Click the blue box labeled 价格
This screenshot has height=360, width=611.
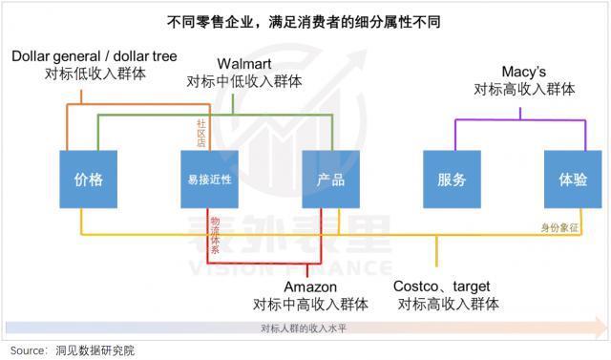point(88,179)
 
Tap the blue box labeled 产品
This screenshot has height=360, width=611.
point(329,179)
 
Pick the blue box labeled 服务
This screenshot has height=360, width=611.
point(452,179)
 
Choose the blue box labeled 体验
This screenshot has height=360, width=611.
point(573,179)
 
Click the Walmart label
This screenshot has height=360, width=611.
point(244,64)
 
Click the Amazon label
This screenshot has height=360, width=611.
point(310,286)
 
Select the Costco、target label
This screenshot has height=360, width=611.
point(442,286)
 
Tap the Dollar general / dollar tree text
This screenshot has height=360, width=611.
point(94,55)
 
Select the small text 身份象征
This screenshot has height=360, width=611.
point(560,226)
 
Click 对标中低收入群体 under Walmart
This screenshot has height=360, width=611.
point(244,81)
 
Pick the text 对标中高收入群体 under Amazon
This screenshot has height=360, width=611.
point(310,304)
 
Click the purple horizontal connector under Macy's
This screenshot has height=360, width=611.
point(520,118)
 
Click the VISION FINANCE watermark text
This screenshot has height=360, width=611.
point(305,267)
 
